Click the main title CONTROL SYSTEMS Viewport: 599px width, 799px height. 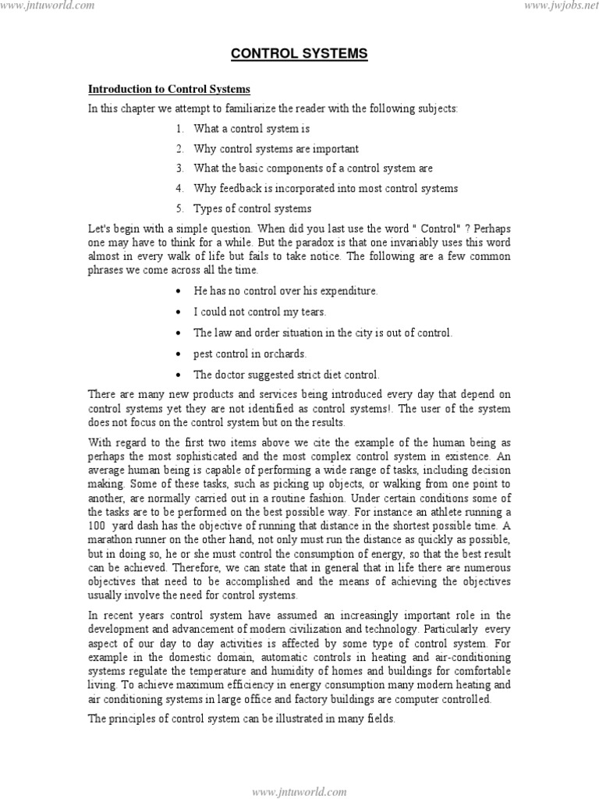click(299, 55)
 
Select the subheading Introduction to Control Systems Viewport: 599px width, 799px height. click(169, 90)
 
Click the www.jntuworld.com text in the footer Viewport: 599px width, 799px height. click(299, 791)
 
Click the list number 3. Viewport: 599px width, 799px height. click(179, 169)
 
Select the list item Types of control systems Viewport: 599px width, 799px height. click(253, 208)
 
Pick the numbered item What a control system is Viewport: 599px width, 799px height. click(246, 129)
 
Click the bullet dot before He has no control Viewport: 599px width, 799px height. click(180, 291)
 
